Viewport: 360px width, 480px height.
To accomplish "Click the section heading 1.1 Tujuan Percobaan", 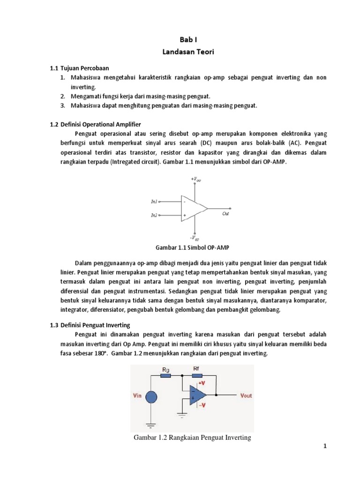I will pyautogui.click(x=79, y=68).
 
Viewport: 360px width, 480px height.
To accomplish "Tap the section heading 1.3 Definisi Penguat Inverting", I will pyautogui.click(x=90, y=325).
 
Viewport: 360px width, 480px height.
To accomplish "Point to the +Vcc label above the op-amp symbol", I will pyautogui.click(x=195, y=179).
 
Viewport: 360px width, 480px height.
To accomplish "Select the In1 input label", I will pyautogui.click(x=154, y=202).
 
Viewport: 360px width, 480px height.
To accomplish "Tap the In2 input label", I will pyautogui.click(x=154, y=215).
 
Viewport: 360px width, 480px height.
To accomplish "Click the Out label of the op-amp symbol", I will pyautogui.click(x=225, y=213).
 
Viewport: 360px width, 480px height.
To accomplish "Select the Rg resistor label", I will pyautogui.click(x=165, y=369).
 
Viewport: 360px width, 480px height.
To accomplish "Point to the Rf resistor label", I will pyautogui.click(x=196, y=369).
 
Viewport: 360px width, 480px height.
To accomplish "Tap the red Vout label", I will pyautogui.click(x=246, y=395).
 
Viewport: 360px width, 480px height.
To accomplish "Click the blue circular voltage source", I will pyautogui.click(x=151, y=397).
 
